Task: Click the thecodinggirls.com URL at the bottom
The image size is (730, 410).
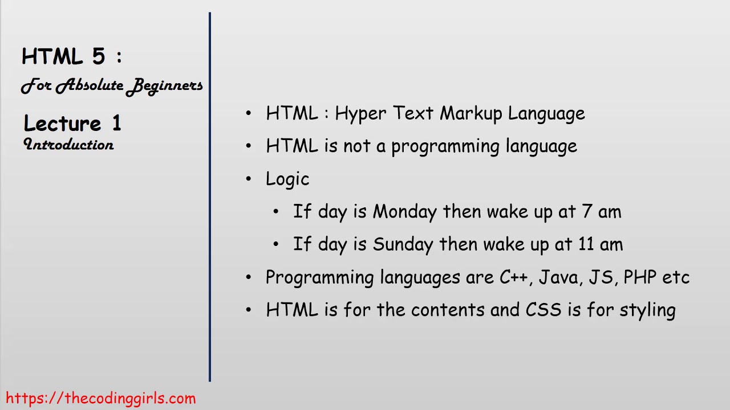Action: (101, 398)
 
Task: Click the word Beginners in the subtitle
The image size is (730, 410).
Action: (165, 86)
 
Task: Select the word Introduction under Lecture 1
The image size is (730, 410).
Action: (69, 145)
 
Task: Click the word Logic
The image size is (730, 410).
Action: (287, 179)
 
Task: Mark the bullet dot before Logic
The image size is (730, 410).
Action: (249, 179)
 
